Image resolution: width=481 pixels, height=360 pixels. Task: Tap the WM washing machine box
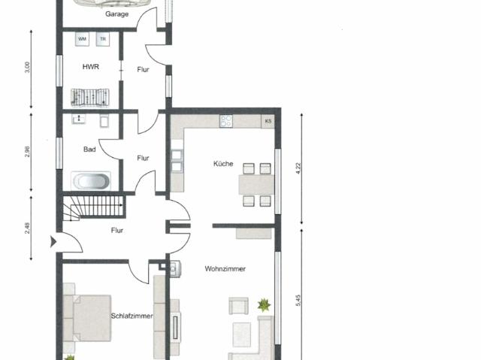coord(81,38)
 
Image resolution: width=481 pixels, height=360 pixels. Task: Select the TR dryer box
coord(102,38)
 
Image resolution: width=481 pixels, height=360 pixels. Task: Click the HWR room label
coord(90,66)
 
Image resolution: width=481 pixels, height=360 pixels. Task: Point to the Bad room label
coord(89,150)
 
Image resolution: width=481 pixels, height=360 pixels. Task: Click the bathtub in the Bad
coord(91,181)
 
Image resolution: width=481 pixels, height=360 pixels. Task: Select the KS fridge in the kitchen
coord(268,121)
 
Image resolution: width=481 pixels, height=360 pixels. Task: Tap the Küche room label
coord(222,164)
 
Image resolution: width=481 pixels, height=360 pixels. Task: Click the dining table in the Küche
coord(255,184)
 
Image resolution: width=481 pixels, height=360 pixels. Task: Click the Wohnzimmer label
coord(225,268)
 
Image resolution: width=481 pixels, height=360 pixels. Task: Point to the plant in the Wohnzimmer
coord(264,305)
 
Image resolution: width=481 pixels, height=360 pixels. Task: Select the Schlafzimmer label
coord(132,316)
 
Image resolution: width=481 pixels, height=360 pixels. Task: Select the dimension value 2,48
coord(28,227)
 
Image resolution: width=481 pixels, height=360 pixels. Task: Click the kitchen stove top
coord(225,121)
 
